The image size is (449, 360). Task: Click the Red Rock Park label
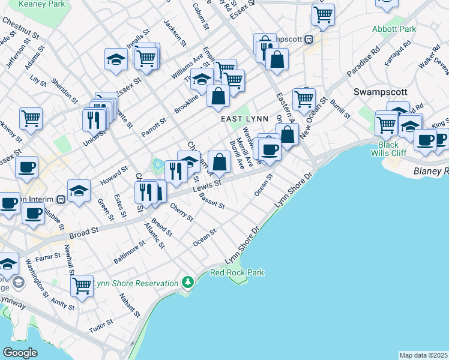point(237,273)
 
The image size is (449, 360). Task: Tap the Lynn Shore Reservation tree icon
point(188,282)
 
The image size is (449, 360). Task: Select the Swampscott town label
point(381,92)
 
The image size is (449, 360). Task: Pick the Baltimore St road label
point(130,253)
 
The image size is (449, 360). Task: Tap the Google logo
point(20,353)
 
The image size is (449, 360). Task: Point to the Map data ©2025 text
point(424,355)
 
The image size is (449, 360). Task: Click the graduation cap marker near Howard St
point(78,191)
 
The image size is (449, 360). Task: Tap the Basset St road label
point(212,201)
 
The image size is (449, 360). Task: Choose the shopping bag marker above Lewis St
point(220,161)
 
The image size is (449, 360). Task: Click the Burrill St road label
point(340,107)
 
